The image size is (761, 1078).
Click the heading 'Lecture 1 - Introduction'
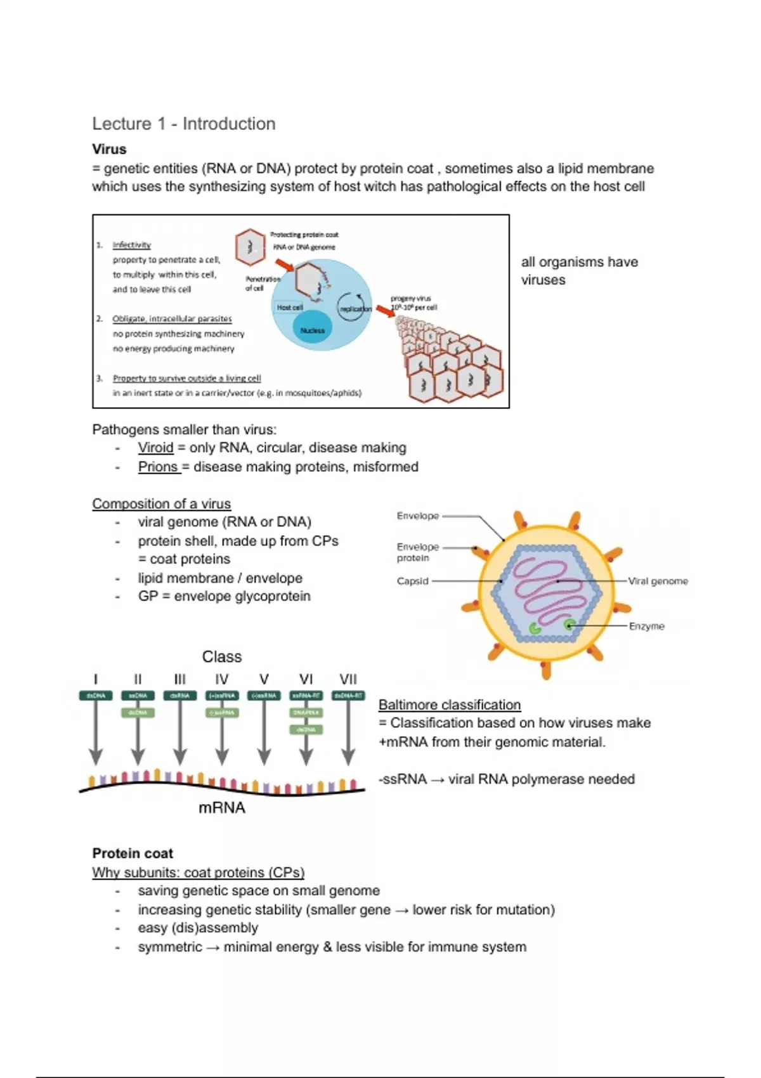(x=184, y=124)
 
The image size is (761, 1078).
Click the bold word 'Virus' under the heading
(x=109, y=150)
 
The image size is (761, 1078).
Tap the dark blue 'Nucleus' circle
(x=312, y=330)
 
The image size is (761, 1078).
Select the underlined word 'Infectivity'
(x=132, y=245)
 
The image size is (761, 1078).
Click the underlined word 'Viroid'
(x=155, y=448)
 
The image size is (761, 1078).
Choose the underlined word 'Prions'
(x=158, y=467)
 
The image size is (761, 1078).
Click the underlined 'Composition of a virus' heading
(x=161, y=503)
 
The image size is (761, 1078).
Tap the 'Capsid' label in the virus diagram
(x=412, y=581)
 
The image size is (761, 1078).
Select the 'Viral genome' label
(x=658, y=581)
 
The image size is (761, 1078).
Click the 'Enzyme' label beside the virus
(x=646, y=626)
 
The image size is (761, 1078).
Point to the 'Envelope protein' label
(x=417, y=552)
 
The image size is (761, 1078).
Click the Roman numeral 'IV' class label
(x=221, y=679)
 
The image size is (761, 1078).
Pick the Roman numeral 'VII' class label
(x=348, y=679)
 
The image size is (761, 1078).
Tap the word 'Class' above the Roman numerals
(x=222, y=656)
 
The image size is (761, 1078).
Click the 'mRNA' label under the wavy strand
(x=221, y=807)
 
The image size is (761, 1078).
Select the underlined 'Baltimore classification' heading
(x=449, y=705)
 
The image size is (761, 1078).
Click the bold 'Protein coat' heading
(x=133, y=853)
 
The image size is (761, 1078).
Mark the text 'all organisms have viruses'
(x=579, y=271)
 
